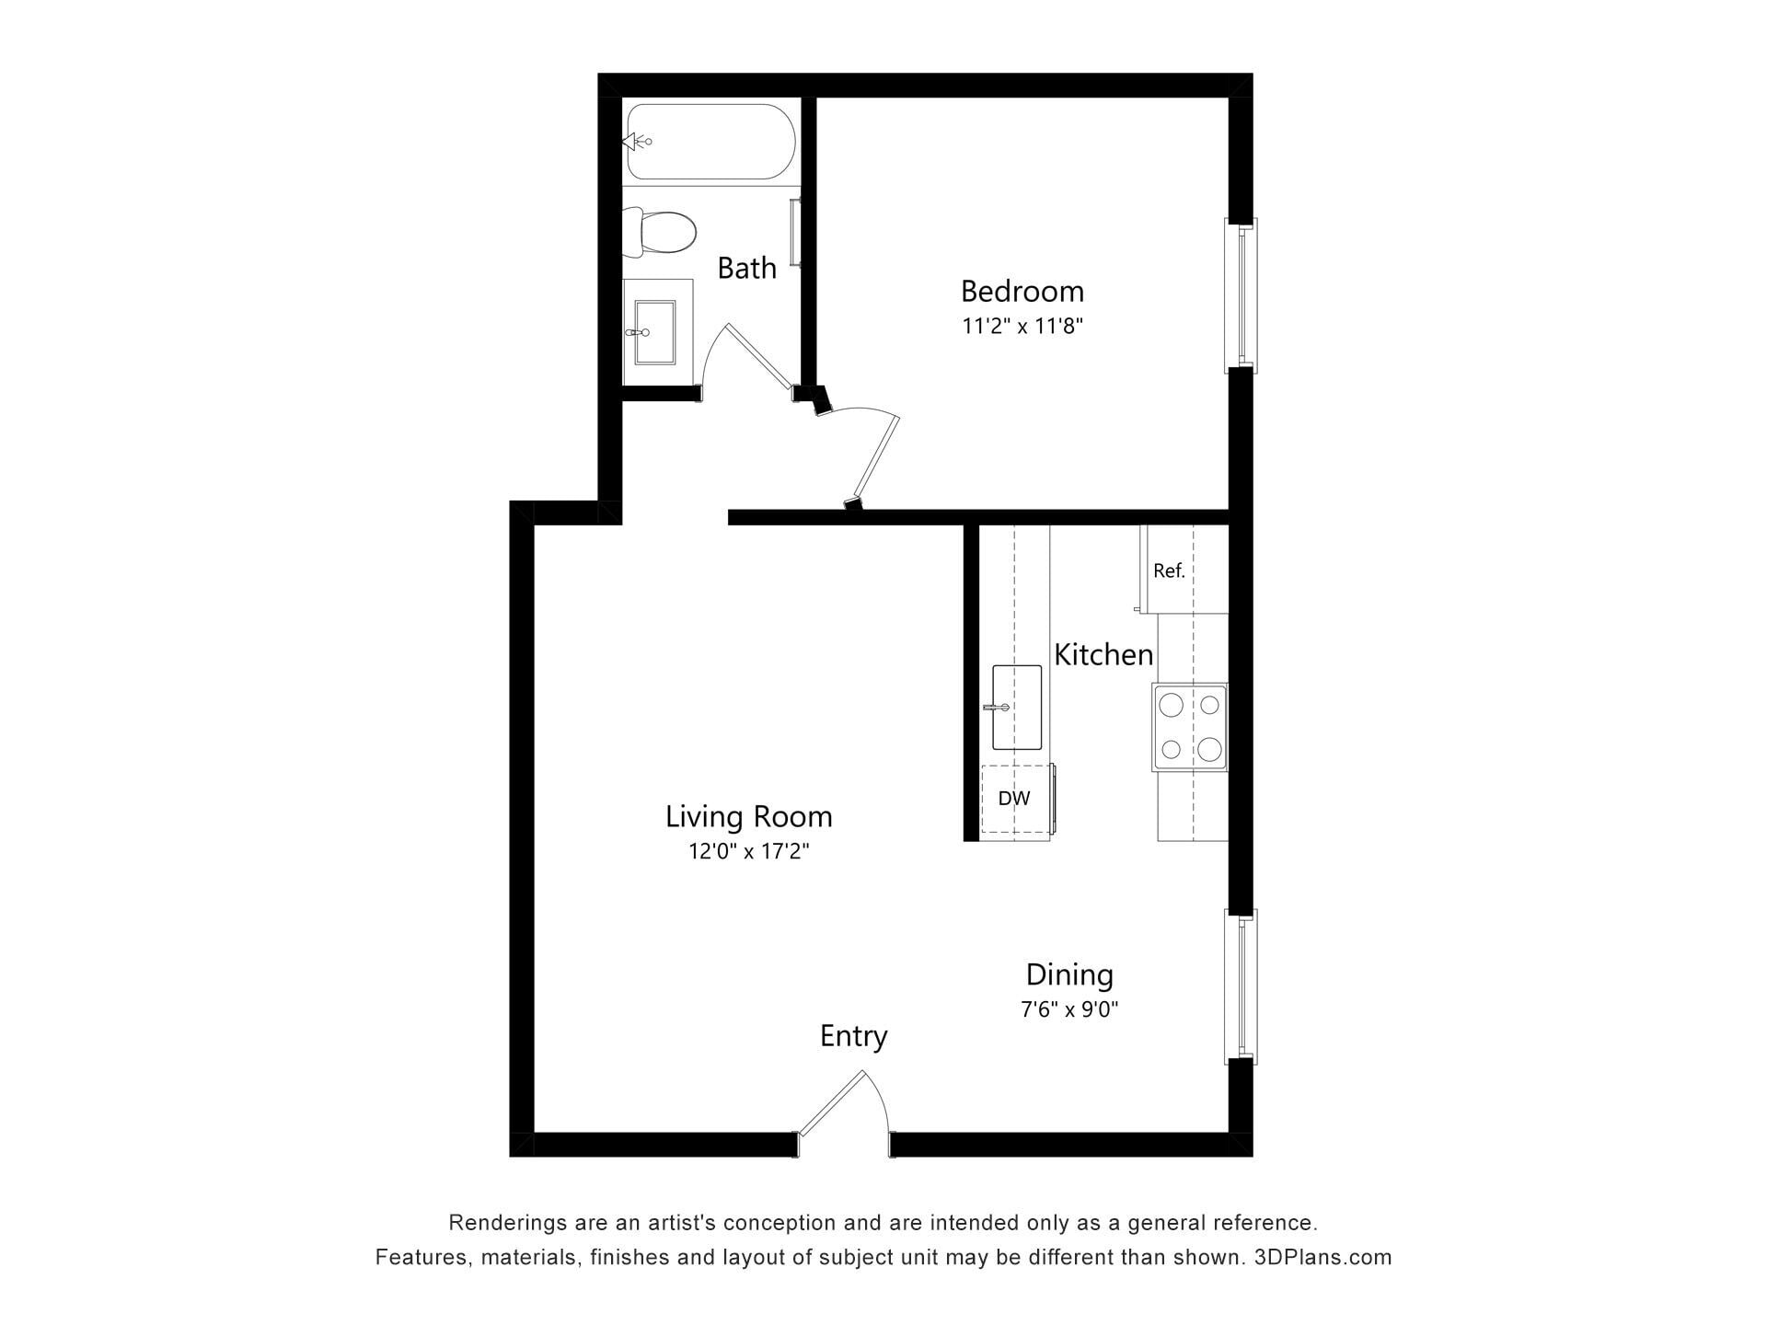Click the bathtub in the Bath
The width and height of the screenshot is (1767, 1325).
[710, 142]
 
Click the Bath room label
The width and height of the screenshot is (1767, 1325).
[746, 268]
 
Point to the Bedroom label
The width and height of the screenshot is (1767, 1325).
[1022, 291]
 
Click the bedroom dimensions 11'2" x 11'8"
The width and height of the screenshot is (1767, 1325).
[1022, 326]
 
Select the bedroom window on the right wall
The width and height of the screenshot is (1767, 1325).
[1241, 295]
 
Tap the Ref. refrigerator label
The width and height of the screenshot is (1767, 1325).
[1169, 570]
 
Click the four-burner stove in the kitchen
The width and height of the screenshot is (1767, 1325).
[1190, 727]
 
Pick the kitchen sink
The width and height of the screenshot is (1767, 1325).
[1016, 707]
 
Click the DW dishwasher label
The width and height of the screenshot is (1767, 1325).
[1014, 799]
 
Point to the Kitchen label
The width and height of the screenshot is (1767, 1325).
[1103, 654]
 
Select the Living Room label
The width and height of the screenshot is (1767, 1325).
[749, 816]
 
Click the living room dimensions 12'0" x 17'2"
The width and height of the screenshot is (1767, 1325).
[749, 851]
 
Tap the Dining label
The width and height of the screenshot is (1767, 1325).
[1069, 974]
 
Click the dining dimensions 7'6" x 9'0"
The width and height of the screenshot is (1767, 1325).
[1069, 1009]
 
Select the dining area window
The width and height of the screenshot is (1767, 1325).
[1241, 986]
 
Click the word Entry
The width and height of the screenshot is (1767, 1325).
[854, 1036]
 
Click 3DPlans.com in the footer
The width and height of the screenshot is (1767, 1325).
[1322, 1257]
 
